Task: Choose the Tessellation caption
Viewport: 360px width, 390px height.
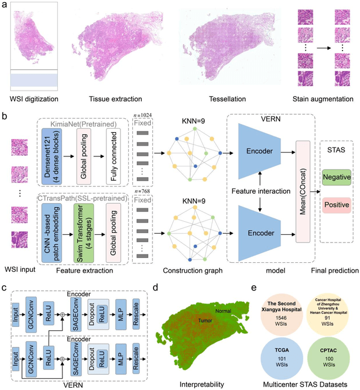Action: (222, 99)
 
